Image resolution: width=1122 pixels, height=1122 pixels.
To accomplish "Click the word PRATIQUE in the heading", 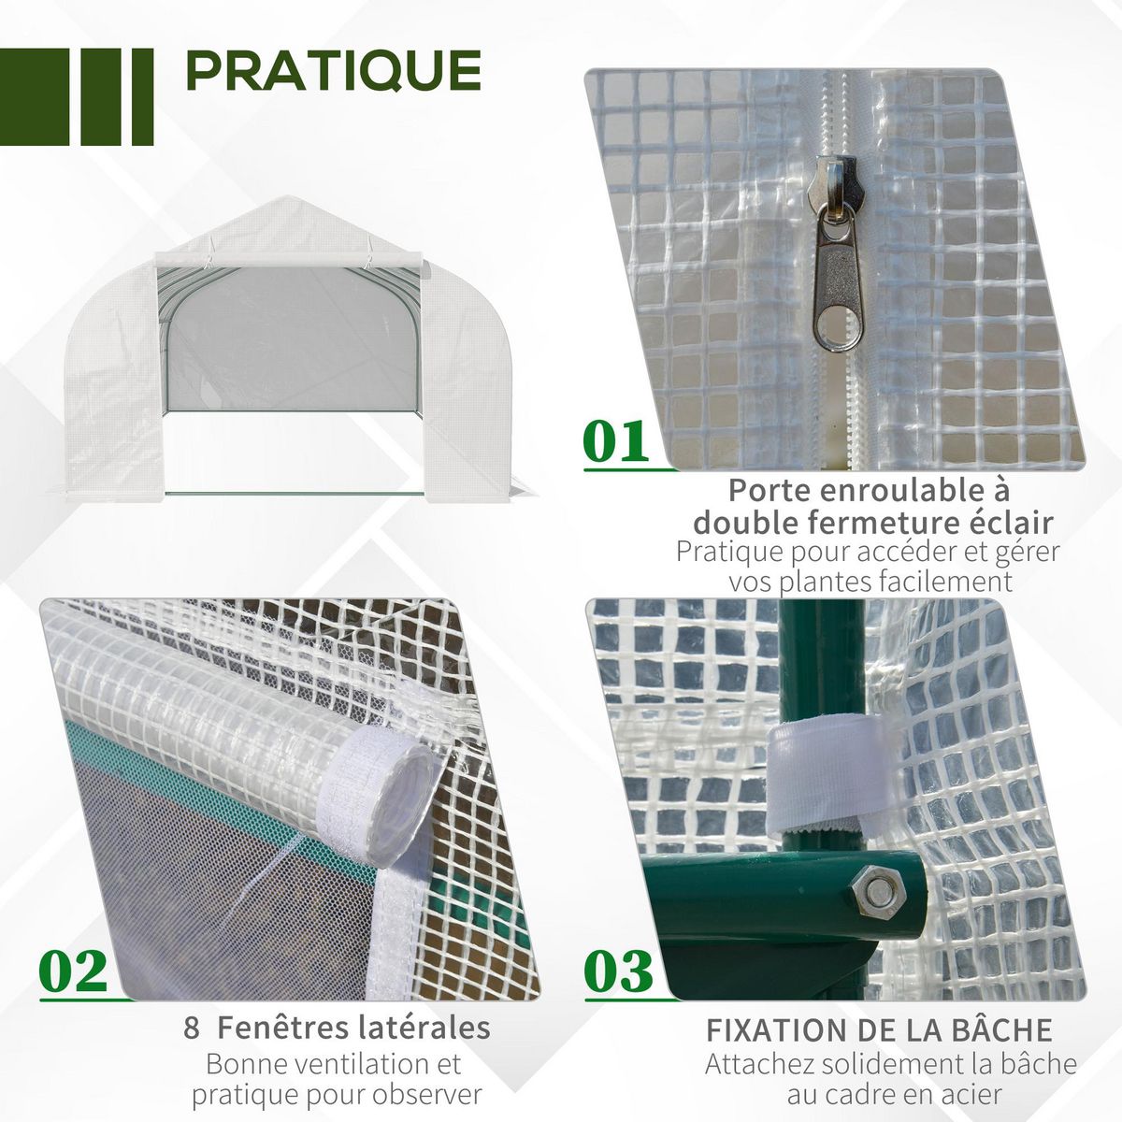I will point(334,71).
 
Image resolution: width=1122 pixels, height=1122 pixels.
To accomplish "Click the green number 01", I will point(616,441).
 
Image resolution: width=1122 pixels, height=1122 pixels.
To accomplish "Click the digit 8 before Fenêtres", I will point(192,1028).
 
